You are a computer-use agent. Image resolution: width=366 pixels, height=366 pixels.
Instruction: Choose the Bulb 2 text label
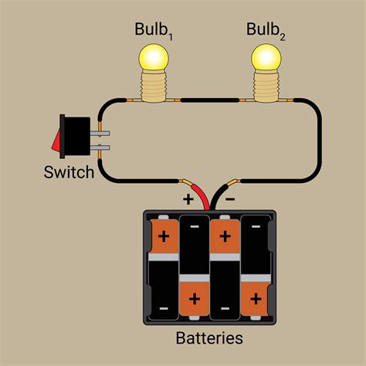point(267,30)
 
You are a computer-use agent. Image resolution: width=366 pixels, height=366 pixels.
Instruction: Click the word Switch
point(69,171)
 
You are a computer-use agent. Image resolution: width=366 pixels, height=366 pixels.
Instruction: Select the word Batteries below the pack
point(209,338)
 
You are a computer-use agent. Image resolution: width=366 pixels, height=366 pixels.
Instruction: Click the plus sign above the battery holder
point(187,198)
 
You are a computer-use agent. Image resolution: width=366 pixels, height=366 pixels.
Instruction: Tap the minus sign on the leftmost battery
point(164,310)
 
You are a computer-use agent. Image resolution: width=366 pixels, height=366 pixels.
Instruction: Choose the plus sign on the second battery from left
point(194,297)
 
